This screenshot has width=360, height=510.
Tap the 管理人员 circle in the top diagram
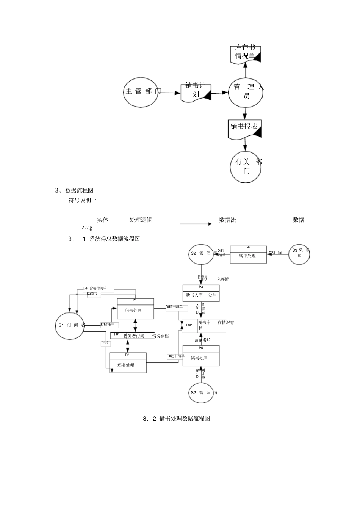pos(246,92)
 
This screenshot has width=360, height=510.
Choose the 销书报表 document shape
pos(246,129)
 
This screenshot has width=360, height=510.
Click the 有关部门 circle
pos(246,166)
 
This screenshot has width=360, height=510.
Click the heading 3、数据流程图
pos(74,190)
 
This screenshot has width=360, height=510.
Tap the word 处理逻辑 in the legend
pos(141,220)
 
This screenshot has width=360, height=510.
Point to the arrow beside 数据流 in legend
pos(196,224)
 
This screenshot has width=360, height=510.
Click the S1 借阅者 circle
pos(70,325)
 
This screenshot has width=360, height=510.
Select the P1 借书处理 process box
pos(135,309)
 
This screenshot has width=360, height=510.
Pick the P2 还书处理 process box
pos(128,363)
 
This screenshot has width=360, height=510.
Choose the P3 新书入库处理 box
pos(201,293)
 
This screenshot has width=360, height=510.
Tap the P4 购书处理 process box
pos(248,254)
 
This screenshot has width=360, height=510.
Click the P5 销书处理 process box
pos(201,356)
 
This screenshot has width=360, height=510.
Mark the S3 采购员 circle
pos(299,253)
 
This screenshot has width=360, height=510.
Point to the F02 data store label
pos(189,325)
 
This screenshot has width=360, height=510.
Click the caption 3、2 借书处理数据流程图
pos(176,419)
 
